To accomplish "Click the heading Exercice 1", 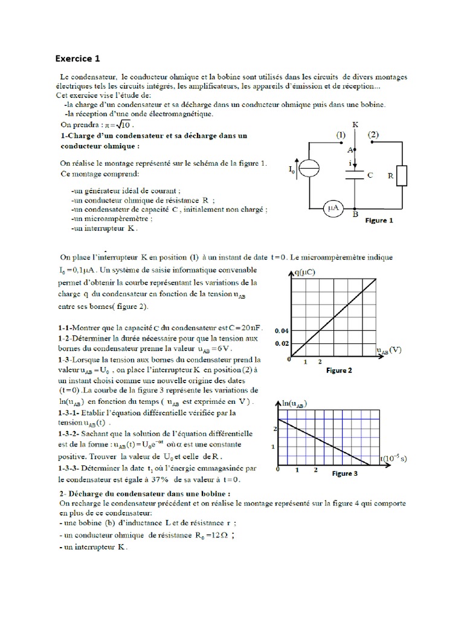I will point(77,59).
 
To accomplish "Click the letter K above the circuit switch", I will point(355,124).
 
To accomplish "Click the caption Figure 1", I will point(379,221).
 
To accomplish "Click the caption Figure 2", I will point(338,370).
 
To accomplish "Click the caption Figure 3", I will point(344,473).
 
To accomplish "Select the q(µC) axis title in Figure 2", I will point(306,273).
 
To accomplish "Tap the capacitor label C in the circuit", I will point(370,175).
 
